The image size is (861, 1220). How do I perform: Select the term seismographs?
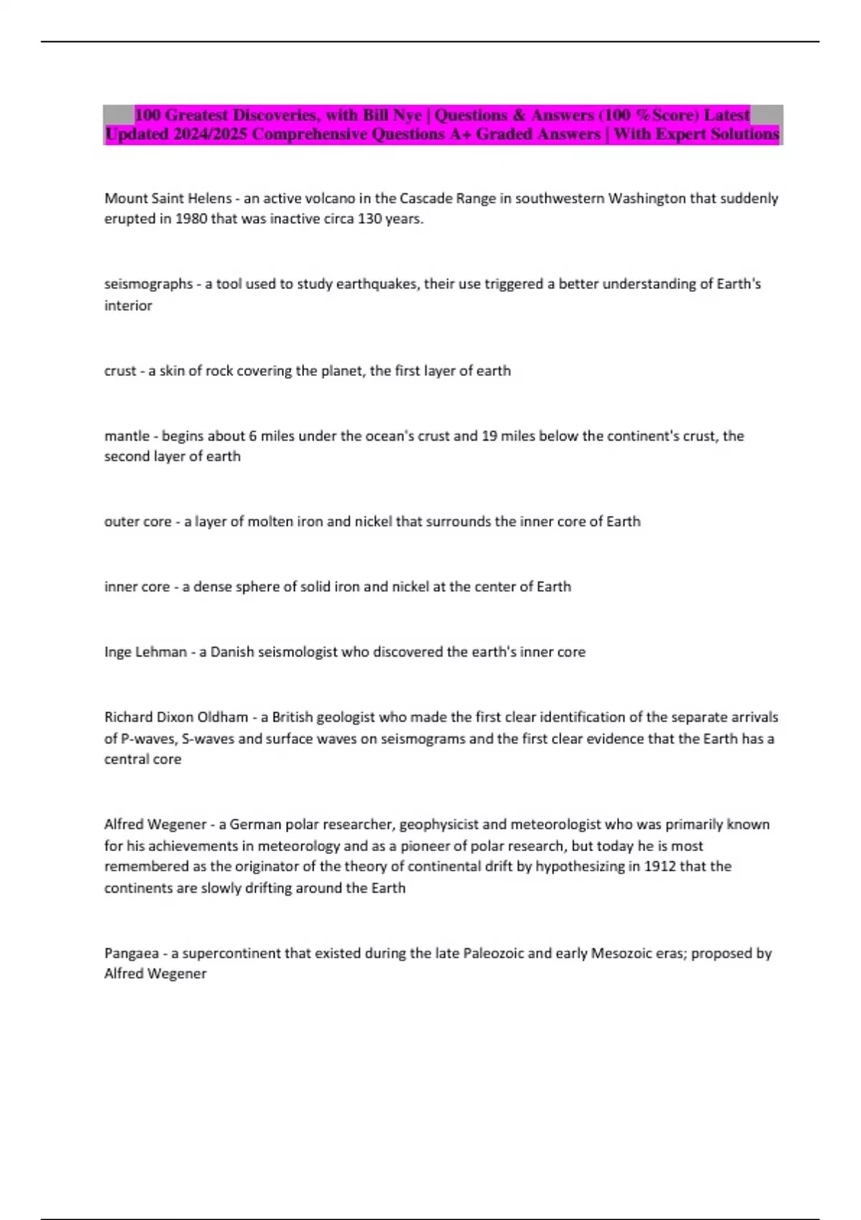coord(149,284)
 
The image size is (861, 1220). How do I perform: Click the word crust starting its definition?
coord(120,371)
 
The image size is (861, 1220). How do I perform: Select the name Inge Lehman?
coord(146,652)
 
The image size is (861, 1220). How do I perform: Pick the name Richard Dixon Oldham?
coord(176,717)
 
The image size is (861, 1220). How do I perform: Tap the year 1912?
coord(659,866)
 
